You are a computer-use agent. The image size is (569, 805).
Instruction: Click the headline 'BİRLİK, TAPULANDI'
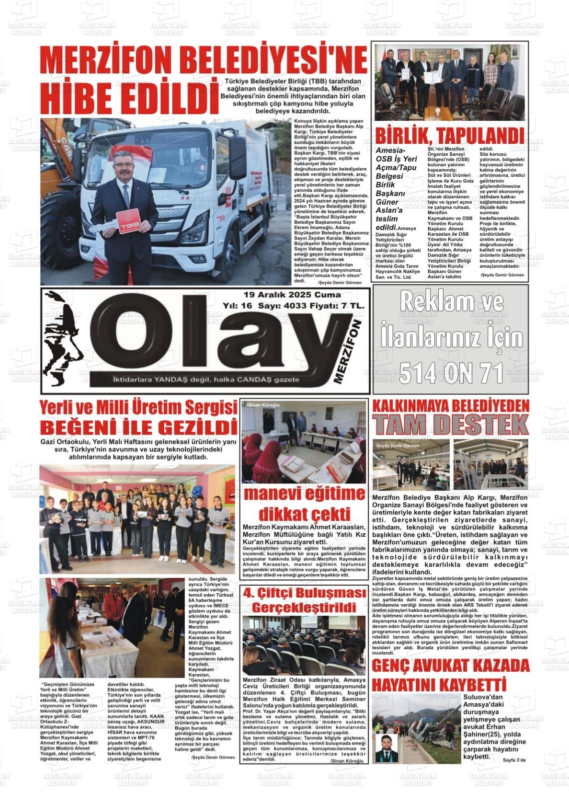pyautogui.click(x=449, y=135)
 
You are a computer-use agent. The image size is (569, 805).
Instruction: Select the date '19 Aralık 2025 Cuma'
pyautogui.click(x=292, y=295)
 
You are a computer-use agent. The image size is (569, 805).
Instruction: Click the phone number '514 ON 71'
pyautogui.click(x=450, y=373)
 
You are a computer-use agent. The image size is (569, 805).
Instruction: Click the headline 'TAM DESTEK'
pyautogui.click(x=450, y=424)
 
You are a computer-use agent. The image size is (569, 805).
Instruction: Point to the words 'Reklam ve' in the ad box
pyautogui.click(x=450, y=302)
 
